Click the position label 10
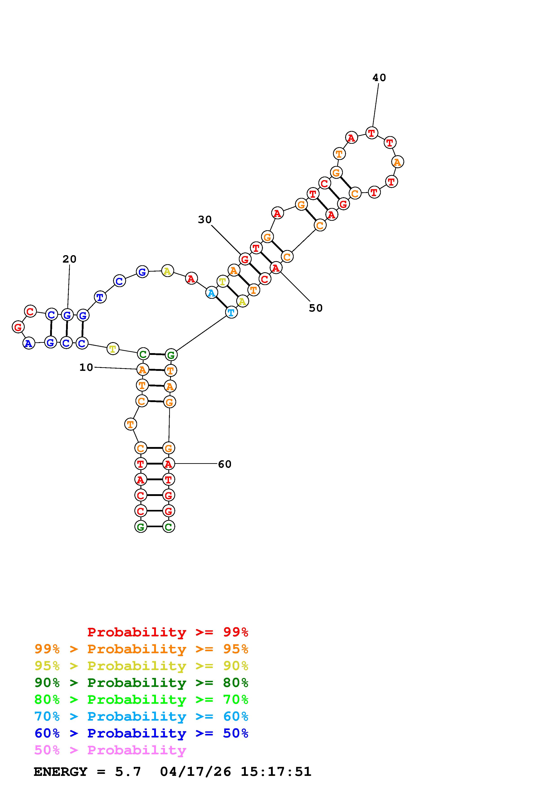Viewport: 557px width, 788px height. click(x=86, y=367)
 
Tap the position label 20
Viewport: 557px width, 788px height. click(x=69, y=259)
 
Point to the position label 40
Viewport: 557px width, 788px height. click(x=379, y=78)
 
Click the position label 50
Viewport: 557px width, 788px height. click(x=315, y=308)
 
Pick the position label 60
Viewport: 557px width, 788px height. click(x=225, y=464)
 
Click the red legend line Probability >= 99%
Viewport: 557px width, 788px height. click(x=167, y=632)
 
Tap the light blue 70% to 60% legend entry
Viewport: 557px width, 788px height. click(x=141, y=716)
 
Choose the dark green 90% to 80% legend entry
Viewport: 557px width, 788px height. click(x=141, y=683)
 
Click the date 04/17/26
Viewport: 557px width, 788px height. click(x=196, y=772)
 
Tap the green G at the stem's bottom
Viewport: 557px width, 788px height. click(x=141, y=527)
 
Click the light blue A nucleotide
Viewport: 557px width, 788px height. click(x=211, y=293)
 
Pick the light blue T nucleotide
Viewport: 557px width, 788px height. click(x=231, y=312)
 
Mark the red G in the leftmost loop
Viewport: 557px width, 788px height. click(x=18, y=327)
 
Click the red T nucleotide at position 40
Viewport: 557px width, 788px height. click(x=372, y=133)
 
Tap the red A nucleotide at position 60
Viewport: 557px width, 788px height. click(x=168, y=464)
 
